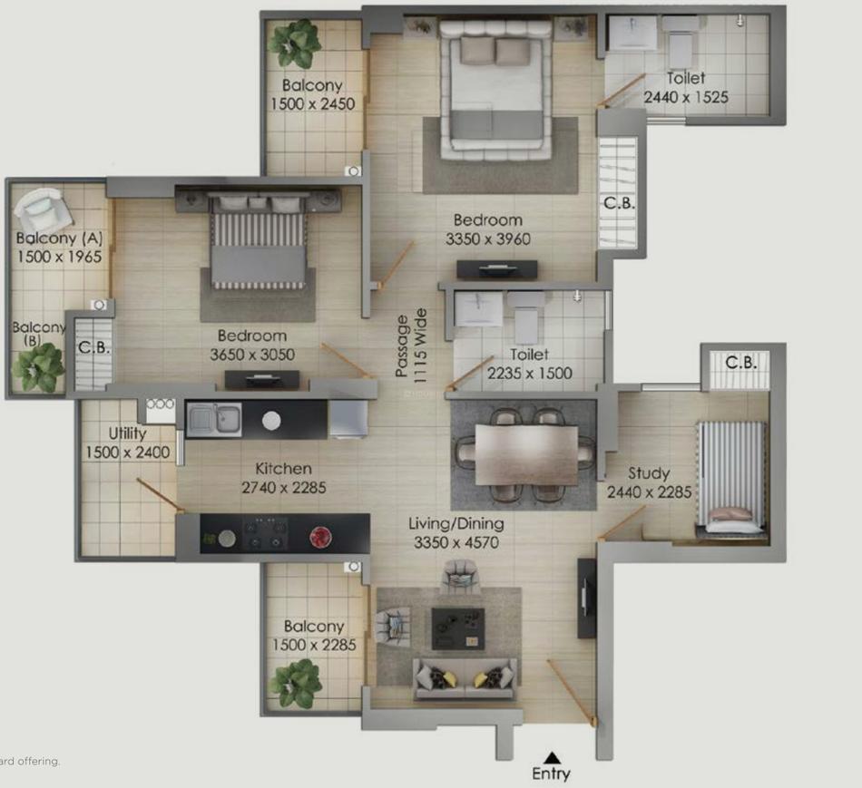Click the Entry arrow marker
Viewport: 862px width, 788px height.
[553, 758]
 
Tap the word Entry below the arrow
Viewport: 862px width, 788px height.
[551, 773]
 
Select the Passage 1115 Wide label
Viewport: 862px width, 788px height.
[411, 345]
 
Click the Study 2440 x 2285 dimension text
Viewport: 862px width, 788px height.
[650, 491]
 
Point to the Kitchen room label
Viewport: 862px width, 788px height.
[284, 469]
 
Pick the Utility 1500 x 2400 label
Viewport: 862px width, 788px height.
[128, 443]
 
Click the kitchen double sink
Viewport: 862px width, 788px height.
[214, 420]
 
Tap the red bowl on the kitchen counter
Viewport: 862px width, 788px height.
[320, 537]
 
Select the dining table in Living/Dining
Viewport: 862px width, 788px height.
[526, 455]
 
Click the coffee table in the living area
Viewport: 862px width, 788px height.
[458, 628]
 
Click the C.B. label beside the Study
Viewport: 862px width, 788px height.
[741, 363]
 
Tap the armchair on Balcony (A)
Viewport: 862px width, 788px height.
[43, 209]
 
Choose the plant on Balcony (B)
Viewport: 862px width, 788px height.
[37, 366]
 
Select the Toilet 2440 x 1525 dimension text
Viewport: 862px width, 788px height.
[686, 97]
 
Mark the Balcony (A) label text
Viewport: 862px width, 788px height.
[59, 238]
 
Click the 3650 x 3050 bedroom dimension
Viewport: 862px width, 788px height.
[252, 355]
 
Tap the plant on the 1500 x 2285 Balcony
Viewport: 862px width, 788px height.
[298, 683]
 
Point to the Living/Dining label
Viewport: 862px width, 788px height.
[456, 524]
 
